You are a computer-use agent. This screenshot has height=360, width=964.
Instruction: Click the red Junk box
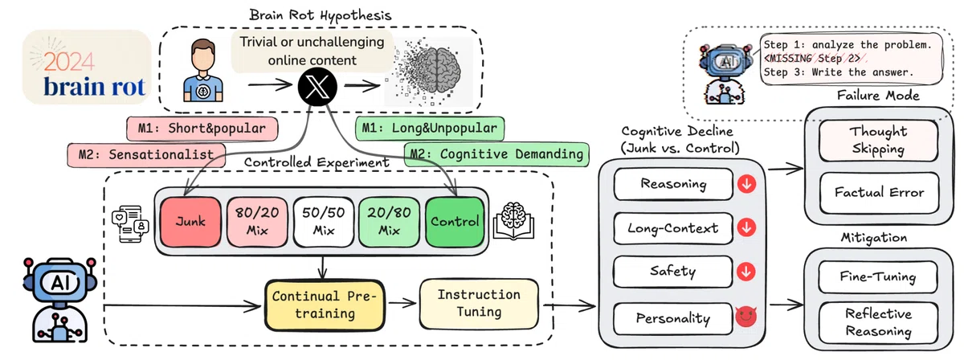190,223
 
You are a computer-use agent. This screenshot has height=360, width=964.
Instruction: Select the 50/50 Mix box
324,223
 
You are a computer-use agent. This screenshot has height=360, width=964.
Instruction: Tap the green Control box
455,223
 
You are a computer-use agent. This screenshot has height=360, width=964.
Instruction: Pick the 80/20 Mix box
257,223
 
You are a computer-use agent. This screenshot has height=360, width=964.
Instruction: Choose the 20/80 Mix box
389,223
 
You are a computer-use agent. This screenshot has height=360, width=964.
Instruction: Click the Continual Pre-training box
325,305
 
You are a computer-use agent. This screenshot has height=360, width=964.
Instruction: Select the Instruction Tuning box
479,304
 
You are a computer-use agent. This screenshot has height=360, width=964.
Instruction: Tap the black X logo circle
317,86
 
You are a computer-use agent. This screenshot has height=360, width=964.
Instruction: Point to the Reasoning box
673,184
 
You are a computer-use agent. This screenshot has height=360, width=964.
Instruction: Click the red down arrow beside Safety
746,272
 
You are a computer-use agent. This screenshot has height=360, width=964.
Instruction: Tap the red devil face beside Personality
745,317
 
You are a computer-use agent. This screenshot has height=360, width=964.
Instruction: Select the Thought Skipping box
878,141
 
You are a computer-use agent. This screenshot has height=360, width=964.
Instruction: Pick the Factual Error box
879,193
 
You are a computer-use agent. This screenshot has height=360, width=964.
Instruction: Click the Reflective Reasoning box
878,322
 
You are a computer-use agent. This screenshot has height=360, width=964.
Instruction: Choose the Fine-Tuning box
878,277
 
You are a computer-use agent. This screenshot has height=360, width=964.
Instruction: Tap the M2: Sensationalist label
146,155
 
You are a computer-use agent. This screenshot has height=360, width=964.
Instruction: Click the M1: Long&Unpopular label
430,129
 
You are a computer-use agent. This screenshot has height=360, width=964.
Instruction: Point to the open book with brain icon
513,221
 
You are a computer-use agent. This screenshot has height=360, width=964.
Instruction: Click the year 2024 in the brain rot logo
69,62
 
